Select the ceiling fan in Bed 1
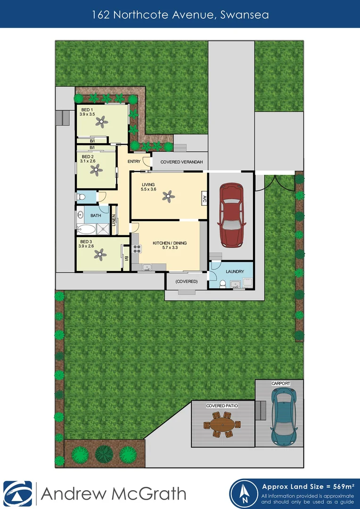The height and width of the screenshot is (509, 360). pyautogui.click(x=101, y=122)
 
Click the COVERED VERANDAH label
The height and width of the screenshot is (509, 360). pyautogui.click(x=181, y=162)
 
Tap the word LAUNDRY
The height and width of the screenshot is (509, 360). pyautogui.click(x=235, y=271)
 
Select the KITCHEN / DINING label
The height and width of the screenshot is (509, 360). pyautogui.click(x=170, y=243)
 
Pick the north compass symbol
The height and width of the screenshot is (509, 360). pyautogui.click(x=245, y=494)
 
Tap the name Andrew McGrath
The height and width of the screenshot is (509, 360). pyautogui.click(x=114, y=493)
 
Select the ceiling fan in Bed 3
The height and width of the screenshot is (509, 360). pyautogui.click(x=99, y=255)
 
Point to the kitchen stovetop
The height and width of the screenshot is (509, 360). pyautogui.click(x=137, y=249)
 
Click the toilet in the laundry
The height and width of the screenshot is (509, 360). pyautogui.click(x=222, y=284)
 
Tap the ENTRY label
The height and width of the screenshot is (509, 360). pyautogui.click(x=134, y=162)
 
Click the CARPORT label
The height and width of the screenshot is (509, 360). pyautogui.click(x=281, y=384)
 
